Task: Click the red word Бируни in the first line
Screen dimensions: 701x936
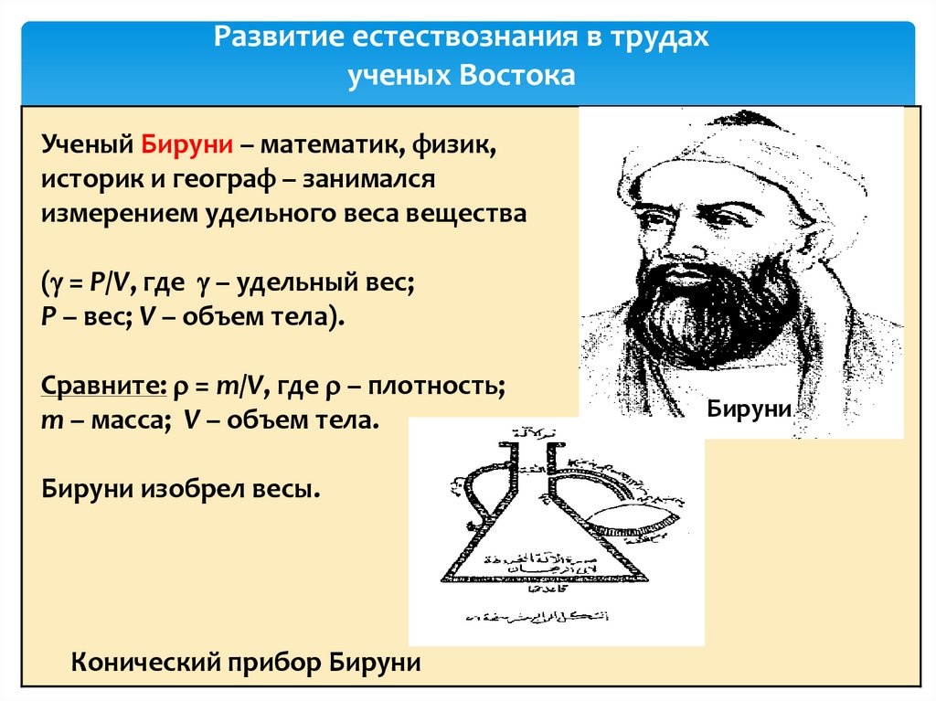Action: click(x=187, y=145)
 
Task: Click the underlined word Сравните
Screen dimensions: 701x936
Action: click(x=101, y=387)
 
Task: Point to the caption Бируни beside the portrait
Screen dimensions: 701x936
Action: click(x=748, y=410)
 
